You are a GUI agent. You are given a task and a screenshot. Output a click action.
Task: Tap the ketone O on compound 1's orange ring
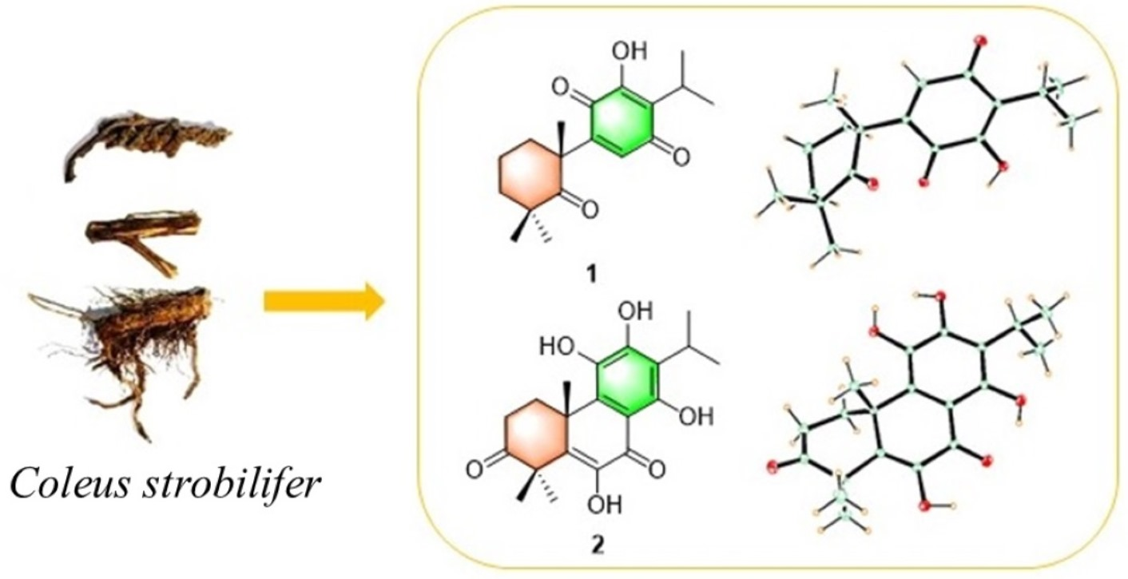coord(590,211)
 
